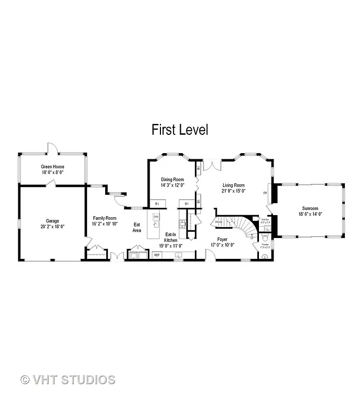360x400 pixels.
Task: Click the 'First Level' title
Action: click(x=180, y=129)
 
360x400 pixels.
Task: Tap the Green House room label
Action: click(x=52, y=166)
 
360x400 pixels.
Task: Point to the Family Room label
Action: click(x=105, y=218)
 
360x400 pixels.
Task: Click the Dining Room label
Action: click(x=172, y=179)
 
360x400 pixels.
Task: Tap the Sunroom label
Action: click(x=310, y=208)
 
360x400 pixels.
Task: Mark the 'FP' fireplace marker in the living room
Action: click(x=265, y=193)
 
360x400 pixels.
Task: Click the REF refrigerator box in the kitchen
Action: click(x=157, y=255)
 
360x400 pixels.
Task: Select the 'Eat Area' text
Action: click(x=137, y=227)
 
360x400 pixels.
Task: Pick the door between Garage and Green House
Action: click(x=51, y=183)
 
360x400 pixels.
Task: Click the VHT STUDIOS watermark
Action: click(x=68, y=379)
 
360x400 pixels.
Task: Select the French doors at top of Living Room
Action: click(x=213, y=164)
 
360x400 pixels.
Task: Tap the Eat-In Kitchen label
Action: click(x=171, y=237)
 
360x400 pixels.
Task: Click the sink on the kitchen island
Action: click(x=156, y=217)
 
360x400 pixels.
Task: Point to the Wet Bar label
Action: click(x=265, y=220)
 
